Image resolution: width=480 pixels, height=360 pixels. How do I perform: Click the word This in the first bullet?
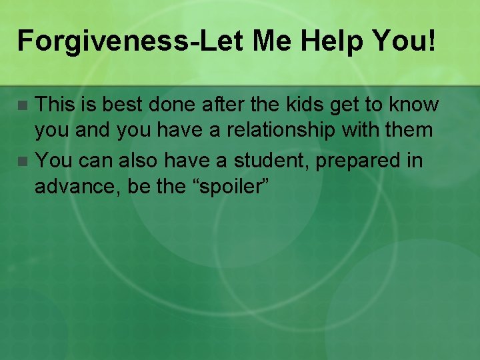click(x=54, y=104)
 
